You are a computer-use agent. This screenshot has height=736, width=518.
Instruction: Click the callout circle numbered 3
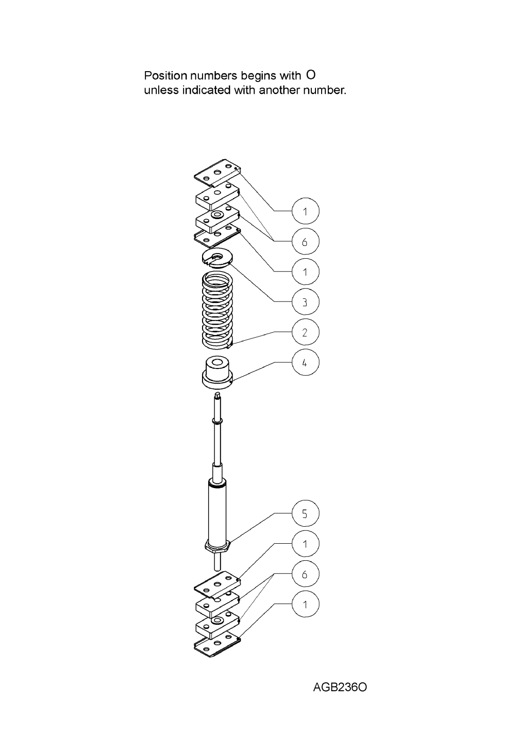coord(306,302)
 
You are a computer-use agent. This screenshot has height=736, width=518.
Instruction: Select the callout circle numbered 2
coord(306,332)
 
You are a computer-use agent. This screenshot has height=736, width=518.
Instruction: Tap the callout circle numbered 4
coord(306,362)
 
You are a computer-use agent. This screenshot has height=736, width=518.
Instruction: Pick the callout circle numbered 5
coord(306,514)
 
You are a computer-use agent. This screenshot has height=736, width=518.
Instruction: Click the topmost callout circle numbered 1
coord(306,211)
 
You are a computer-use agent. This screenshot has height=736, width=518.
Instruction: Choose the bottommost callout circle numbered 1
coord(306,604)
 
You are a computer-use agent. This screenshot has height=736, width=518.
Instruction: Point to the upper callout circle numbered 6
coord(306,242)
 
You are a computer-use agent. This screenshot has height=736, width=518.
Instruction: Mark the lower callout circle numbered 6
coord(306,574)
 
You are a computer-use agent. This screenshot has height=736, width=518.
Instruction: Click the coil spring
coord(218,311)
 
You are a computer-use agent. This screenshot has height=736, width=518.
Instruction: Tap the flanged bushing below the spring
coord(217,373)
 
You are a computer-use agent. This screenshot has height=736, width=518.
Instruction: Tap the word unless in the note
coord(161,90)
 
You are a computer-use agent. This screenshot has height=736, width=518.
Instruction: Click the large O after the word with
coord(311,75)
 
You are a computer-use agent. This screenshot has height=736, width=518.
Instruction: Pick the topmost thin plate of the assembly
coord(218,172)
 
